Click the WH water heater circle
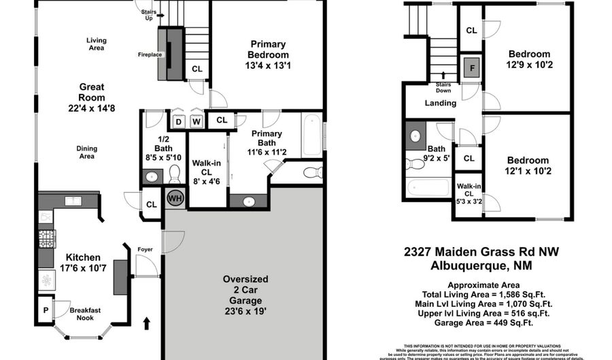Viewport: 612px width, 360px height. [x=175, y=198]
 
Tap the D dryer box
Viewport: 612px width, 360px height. [x=178, y=122]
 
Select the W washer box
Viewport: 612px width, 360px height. [x=196, y=122]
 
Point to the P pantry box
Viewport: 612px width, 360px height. [x=46, y=310]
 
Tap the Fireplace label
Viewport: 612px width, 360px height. [x=149, y=54]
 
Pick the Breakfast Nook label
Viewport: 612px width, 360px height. [x=85, y=314]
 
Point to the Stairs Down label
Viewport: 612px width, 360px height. [x=444, y=88]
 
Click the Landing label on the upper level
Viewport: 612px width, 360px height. [x=441, y=103]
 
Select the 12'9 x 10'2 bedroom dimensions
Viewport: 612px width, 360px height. [x=529, y=66]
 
